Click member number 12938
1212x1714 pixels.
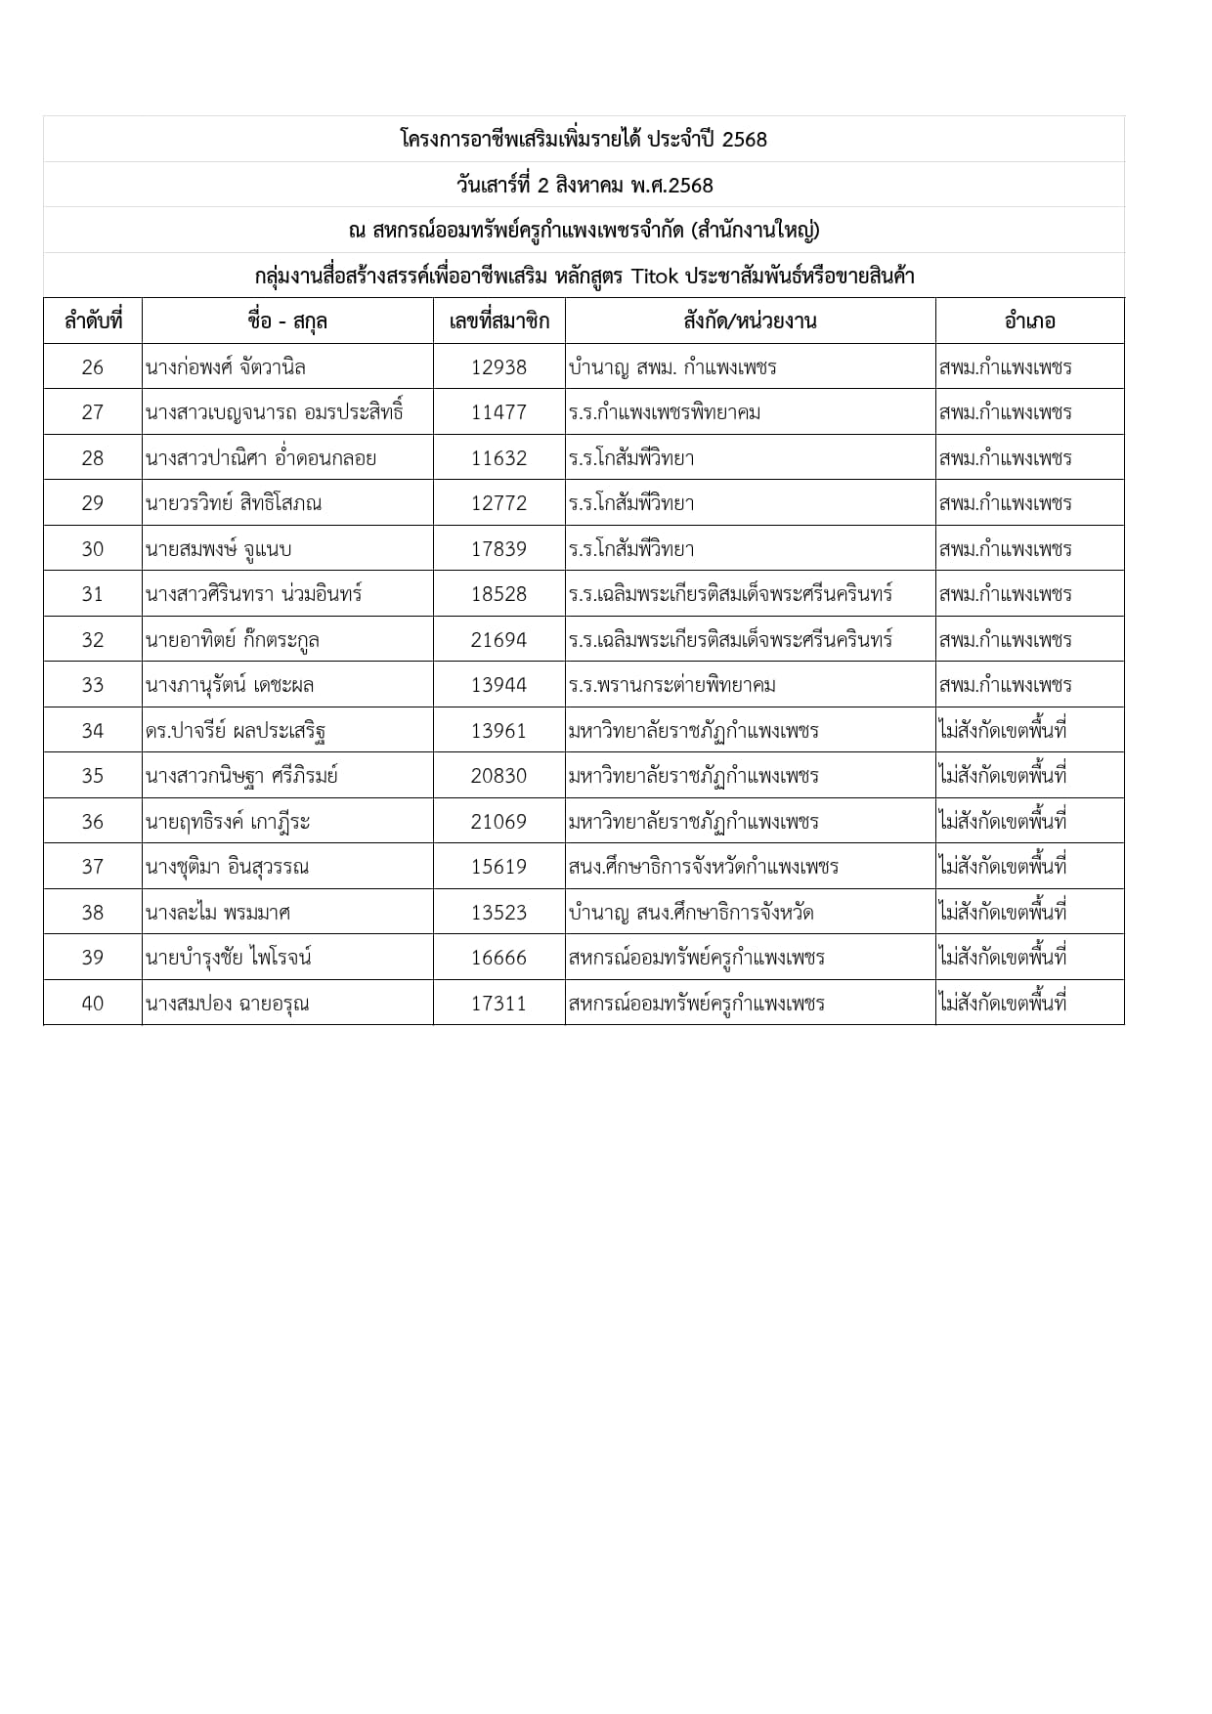pyautogui.click(x=498, y=367)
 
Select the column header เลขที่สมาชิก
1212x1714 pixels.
pyautogui.click(x=498, y=321)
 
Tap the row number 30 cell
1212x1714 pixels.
pyautogui.click(x=93, y=549)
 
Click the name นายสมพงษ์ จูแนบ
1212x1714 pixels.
pyautogui.click(x=219, y=549)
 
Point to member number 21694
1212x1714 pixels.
pyautogui.click(x=498, y=640)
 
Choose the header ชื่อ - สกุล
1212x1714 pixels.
pyautogui.click(x=287, y=321)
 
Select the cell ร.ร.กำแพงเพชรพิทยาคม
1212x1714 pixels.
pyautogui.click(x=665, y=412)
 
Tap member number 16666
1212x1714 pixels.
pyautogui.click(x=498, y=958)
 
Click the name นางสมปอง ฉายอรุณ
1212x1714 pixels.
pyautogui.click(x=227, y=1004)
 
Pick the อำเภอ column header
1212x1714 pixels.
pyautogui.click(x=1029, y=321)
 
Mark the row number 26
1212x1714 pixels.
pyautogui.click(x=93, y=367)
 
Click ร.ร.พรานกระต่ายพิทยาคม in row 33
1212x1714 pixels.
pyautogui.click(x=672, y=685)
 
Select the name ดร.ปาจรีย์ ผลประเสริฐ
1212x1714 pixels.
pyautogui.click(x=235, y=731)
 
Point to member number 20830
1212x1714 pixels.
pyautogui.click(x=498, y=776)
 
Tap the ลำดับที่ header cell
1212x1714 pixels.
pyautogui.click(x=93, y=321)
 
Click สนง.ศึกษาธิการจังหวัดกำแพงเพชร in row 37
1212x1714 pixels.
pyautogui.click(x=703, y=867)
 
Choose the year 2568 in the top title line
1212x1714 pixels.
pyautogui.click(x=745, y=140)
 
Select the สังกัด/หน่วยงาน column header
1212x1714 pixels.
pyautogui.click(x=750, y=321)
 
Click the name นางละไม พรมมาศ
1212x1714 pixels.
pyautogui.click(x=217, y=913)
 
